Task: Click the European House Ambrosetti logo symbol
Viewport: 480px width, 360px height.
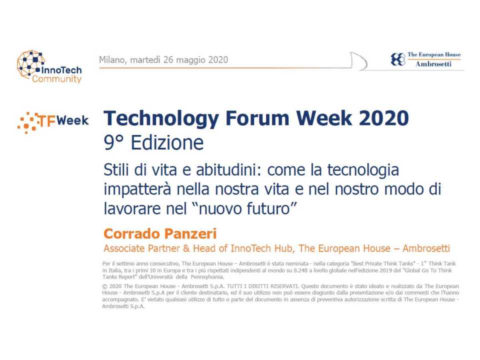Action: point(398,59)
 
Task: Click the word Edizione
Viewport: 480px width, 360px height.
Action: point(167,143)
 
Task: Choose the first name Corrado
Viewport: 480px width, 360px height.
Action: point(130,233)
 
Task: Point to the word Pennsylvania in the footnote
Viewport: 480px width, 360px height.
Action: point(205,276)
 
